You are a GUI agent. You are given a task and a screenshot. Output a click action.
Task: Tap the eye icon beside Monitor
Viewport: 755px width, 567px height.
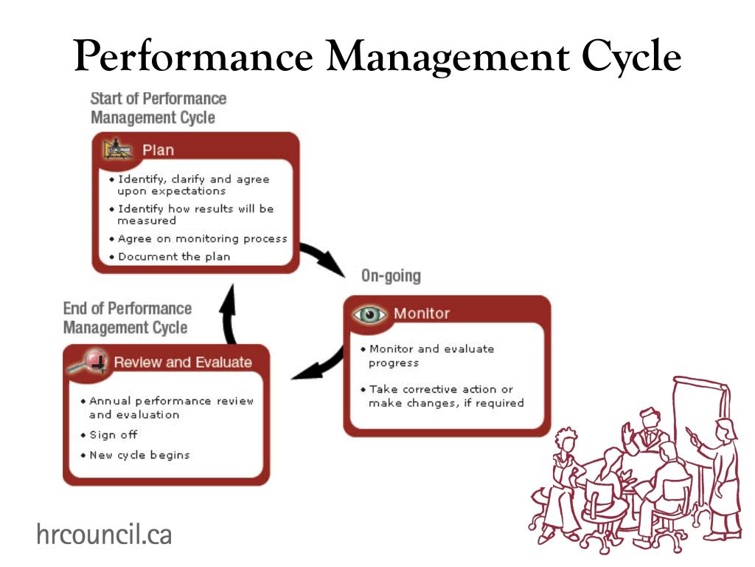click(x=370, y=314)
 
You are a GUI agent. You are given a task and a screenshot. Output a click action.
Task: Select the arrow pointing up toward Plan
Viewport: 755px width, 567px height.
click(x=229, y=314)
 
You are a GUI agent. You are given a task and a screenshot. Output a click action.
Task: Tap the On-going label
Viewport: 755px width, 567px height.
click(x=391, y=276)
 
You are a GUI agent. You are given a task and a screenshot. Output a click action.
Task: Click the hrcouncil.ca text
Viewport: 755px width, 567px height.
click(x=104, y=533)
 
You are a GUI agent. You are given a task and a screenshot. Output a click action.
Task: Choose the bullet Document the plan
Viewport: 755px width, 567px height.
click(x=174, y=257)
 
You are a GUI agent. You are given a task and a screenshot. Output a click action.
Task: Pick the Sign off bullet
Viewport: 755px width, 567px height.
click(x=113, y=435)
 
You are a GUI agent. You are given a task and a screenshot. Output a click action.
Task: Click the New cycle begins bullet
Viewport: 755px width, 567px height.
click(x=139, y=455)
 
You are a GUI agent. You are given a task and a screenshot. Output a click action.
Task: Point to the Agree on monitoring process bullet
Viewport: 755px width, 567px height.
click(x=202, y=238)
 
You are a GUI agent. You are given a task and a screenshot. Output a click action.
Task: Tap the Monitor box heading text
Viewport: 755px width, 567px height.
click(x=421, y=313)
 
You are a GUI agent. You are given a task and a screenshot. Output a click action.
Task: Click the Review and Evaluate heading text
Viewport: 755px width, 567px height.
click(x=182, y=362)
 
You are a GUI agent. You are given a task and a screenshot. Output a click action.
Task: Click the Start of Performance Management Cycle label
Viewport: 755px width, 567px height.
click(x=158, y=108)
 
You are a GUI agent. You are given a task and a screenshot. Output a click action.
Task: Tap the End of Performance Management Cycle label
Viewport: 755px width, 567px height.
click(x=127, y=317)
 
